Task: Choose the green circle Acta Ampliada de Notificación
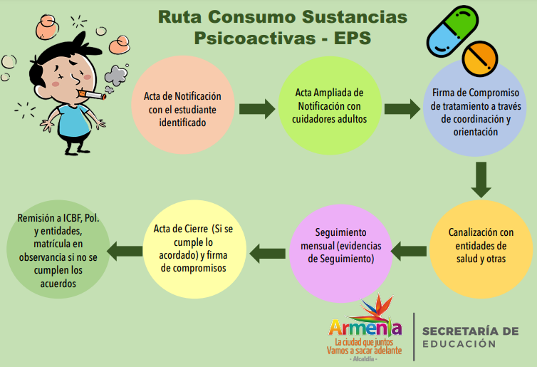pyautogui.click(x=330, y=107)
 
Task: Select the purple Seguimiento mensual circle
pyautogui.click(x=340, y=247)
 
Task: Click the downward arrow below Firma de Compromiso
pyautogui.click(x=482, y=180)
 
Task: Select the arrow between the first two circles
pyautogui.click(x=256, y=109)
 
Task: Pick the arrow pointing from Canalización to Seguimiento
pyautogui.click(x=410, y=249)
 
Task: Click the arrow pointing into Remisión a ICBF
pyautogui.click(x=125, y=250)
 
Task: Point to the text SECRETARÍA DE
pyautogui.click(x=470, y=331)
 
